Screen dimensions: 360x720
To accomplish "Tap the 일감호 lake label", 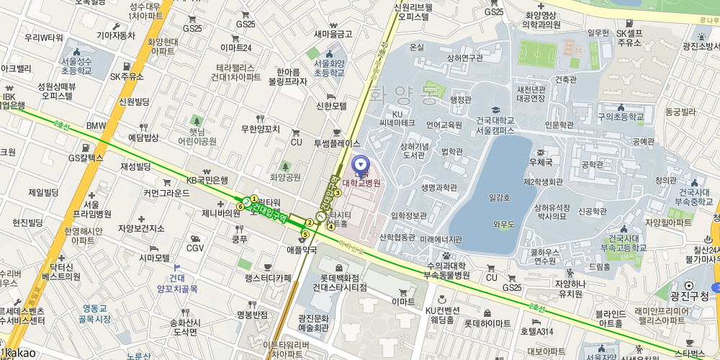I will (499, 197).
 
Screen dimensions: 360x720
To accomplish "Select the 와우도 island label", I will (504, 225).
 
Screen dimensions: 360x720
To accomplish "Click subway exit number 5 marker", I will (305, 234).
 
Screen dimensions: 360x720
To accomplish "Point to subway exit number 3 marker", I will (337, 193).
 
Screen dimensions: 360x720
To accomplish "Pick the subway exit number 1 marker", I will (254, 199).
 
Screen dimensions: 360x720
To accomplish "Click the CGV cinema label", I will (195, 248).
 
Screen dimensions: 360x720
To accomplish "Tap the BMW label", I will (96, 126).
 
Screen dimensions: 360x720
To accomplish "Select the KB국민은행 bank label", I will (207, 180).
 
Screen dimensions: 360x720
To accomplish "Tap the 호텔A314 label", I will (536, 331).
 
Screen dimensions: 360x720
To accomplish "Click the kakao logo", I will (18, 354).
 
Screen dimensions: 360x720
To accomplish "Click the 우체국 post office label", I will (540, 163).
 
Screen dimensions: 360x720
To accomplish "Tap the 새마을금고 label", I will (333, 34).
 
